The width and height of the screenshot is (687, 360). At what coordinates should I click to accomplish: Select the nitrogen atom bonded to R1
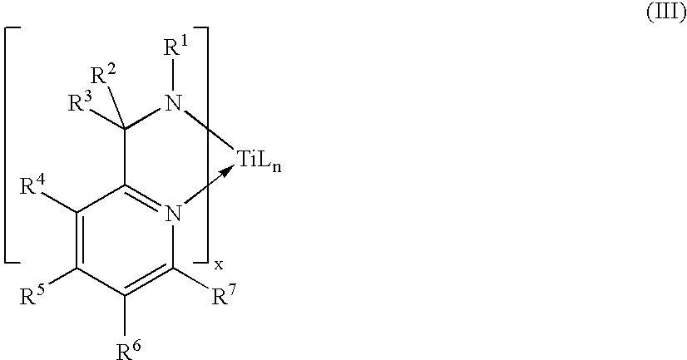point(172,104)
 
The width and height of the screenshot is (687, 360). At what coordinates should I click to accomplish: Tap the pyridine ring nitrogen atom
point(173,215)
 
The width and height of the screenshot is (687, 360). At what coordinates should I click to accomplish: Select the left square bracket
point(10,145)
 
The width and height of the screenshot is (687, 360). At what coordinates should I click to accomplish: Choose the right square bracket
point(203,145)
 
